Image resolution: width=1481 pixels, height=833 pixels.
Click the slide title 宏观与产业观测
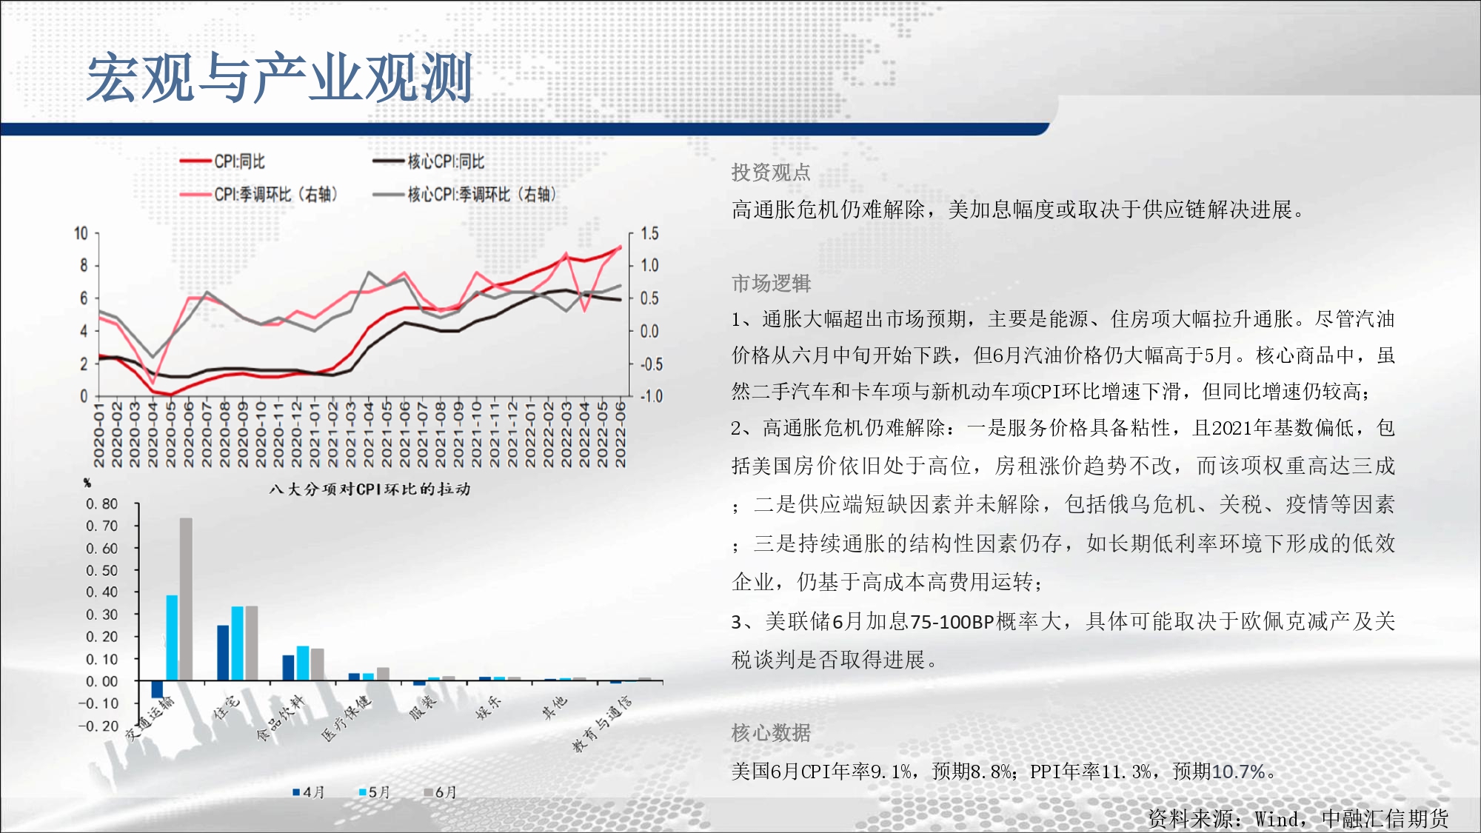(x=279, y=77)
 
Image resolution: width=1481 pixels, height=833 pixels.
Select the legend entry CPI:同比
(x=222, y=161)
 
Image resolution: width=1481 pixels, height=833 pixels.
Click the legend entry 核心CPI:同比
(x=429, y=161)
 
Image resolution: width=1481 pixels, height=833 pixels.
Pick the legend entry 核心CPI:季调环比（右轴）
(x=464, y=195)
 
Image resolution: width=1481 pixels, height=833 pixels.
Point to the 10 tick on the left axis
(x=81, y=234)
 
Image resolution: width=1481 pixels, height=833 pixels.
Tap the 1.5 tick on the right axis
(x=649, y=234)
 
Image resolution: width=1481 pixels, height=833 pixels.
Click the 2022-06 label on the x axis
(x=621, y=435)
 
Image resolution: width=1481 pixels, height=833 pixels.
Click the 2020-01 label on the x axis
(x=99, y=435)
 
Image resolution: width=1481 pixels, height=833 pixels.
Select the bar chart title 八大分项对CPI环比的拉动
(x=370, y=489)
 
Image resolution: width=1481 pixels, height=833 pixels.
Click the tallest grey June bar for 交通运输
(x=186, y=599)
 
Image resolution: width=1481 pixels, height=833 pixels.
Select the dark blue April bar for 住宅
(x=223, y=653)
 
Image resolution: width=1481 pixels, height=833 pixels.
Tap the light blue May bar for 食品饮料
(x=303, y=663)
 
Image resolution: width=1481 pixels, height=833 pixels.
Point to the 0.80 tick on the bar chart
(x=101, y=504)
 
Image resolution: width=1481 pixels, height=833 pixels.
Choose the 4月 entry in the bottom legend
(x=309, y=792)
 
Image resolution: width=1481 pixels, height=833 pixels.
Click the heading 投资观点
(x=771, y=173)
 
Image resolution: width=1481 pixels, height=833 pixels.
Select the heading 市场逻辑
(x=771, y=283)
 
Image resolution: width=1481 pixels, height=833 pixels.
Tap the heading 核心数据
(x=771, y=733)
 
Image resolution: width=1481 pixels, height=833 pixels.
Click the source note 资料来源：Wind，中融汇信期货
(x=1298, y=818)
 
